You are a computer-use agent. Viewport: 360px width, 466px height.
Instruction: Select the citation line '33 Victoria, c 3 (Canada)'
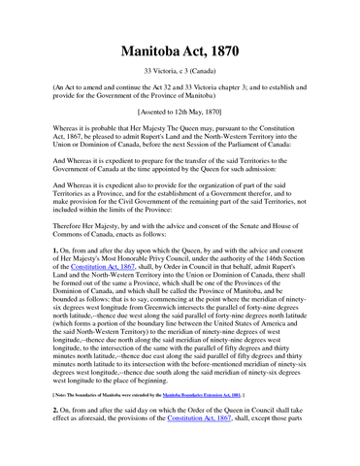pos(180,74)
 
